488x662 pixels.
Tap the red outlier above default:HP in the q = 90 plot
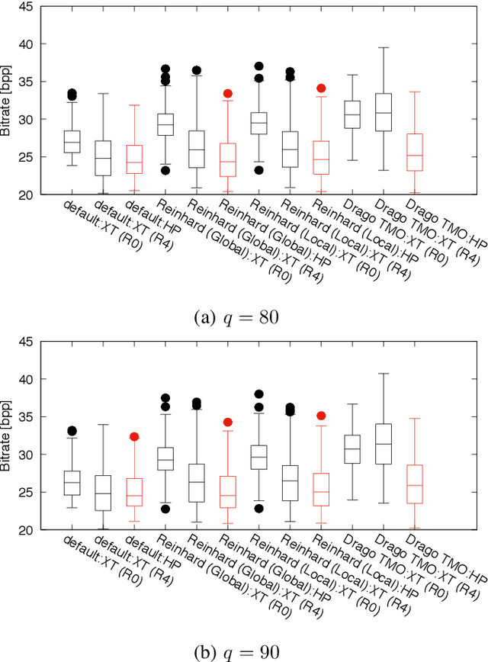(x=134, y=437)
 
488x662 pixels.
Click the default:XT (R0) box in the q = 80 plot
(x=72, y=142)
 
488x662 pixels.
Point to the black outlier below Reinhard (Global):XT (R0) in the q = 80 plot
(x=165, y=170)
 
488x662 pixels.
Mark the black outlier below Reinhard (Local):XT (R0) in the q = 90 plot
(x=258, y=509)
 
